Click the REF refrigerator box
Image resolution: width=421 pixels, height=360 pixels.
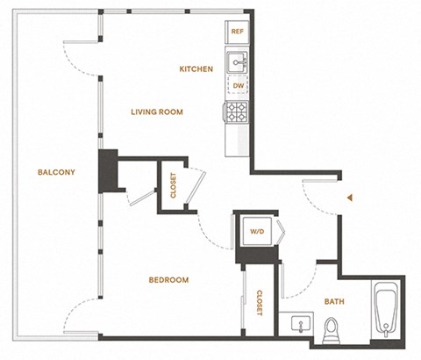coord(237,32)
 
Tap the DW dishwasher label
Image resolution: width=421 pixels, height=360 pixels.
coord(237,87)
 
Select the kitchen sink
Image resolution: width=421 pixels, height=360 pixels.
coord(237,61)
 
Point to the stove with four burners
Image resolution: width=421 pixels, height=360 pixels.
coord(237,112)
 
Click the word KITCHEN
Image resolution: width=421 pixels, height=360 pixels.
coord(196,68)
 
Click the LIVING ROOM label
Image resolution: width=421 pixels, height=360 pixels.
coord(156,112)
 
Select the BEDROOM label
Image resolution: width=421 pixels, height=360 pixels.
coord(168,280)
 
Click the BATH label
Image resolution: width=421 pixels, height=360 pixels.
coord(334,301)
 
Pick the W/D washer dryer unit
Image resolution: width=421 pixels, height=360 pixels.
coord(258,233)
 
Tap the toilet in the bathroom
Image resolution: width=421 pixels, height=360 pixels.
coord(332,328)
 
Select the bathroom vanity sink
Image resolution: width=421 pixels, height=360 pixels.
coord(300,325)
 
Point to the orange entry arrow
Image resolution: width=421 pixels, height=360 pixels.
coord(350,198)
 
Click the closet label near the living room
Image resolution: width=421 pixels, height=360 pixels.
coord(172,186)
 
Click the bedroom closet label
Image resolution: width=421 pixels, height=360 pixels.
coord(260,304)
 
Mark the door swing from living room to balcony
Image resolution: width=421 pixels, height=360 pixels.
coord(81,60)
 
